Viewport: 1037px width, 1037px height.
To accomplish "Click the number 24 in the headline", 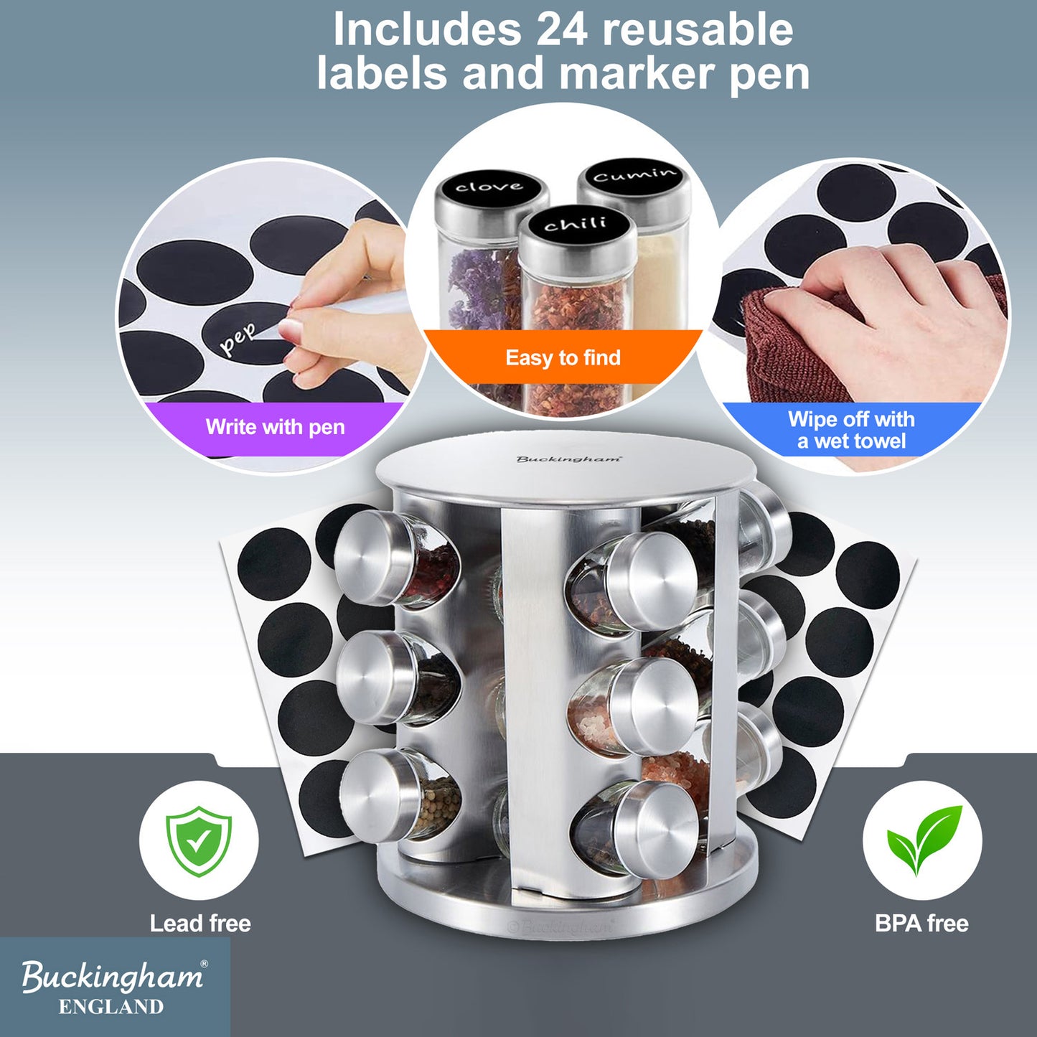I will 562,30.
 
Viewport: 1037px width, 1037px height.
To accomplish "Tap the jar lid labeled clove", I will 489,187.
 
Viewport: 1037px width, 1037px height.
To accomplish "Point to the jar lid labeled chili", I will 576,224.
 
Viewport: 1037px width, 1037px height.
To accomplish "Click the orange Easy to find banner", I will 563,357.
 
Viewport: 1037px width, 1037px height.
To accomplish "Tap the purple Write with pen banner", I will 275,427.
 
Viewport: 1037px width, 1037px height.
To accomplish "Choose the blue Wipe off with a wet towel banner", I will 851,430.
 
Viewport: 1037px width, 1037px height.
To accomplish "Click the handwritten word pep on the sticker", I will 238,338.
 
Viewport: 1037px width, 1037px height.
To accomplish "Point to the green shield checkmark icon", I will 199,840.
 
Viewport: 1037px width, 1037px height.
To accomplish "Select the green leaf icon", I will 923,838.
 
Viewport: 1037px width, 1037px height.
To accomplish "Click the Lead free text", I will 200,924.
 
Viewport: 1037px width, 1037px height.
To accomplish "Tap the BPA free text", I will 921,924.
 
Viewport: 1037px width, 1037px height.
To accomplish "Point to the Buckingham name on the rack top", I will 568,459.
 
